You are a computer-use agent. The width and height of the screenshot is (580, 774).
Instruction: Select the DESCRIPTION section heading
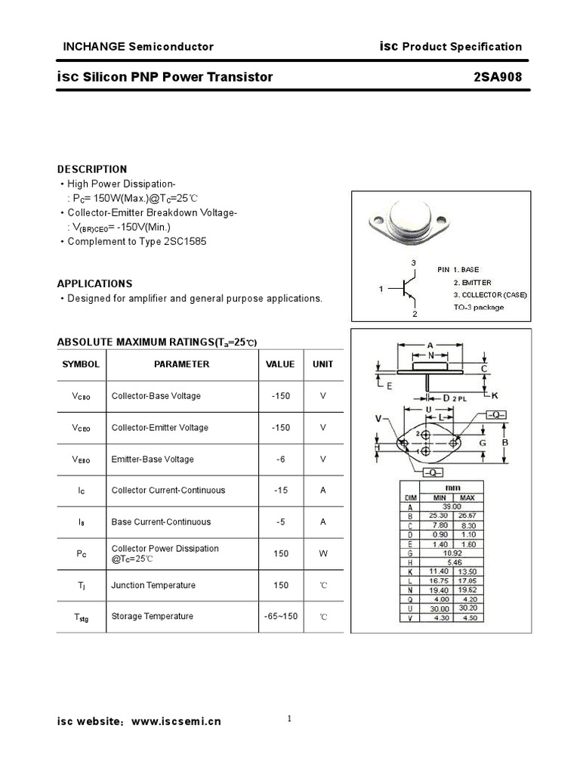tap(92, 169)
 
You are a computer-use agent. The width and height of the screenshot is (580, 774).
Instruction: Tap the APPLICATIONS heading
tap(94, 283)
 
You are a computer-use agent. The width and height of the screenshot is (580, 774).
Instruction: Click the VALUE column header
tap(280, 364)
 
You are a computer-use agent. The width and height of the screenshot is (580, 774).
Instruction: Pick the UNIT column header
tap(322, 364)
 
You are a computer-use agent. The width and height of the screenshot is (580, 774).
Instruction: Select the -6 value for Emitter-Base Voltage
tap(280, 459)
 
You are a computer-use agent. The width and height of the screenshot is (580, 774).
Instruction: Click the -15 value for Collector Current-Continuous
tap(280, 490)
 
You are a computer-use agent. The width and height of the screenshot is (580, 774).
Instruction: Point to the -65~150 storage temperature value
tap(280, 616)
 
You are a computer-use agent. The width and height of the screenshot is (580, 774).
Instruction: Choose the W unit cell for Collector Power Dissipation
tap(322, 553)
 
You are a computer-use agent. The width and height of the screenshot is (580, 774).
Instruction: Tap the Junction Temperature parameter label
tap(153, 585)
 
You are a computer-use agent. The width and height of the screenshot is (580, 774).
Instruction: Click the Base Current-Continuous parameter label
tap(161, 522)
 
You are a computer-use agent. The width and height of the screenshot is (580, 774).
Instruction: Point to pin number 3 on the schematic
tap(413, 263)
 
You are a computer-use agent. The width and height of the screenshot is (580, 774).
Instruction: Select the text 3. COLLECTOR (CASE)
tap(490, 295)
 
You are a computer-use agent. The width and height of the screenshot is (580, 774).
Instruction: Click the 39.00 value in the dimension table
tap(453, 506)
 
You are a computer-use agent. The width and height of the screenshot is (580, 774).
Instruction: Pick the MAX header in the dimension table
tap(467, 497)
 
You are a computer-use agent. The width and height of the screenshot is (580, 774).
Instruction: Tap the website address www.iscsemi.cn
tap(176, 722)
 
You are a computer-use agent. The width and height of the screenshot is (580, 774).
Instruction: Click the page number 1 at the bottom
tap(289, 719)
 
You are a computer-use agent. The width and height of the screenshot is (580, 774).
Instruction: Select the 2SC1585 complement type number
tap(185, 242)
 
